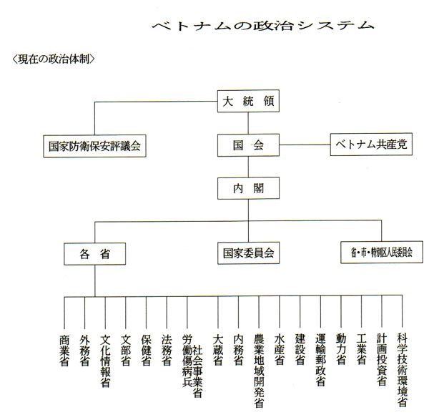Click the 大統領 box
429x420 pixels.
coord(248,101)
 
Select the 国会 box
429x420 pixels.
coord(248,145)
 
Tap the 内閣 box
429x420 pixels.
coord(248,188)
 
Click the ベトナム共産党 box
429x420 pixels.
coord(371,145)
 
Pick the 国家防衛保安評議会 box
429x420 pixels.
coord(94,146)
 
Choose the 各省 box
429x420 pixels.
coord(94,254)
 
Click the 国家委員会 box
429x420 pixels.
coord(248,253)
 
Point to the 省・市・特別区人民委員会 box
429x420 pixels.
coord(382,252)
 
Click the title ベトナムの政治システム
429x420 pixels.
coord(263,26)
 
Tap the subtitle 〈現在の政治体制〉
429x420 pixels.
coord(54,59)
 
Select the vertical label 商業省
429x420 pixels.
coord(64,351)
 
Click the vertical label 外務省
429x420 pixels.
coord(85,351)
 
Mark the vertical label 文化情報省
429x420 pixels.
coord(105,361)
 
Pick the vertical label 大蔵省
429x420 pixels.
coord(218,350)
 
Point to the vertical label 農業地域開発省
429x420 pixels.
coord(259,371)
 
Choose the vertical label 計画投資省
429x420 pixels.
coord(382,360)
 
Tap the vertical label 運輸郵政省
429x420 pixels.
coord(320,360)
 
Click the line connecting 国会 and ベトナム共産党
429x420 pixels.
coord(305,145)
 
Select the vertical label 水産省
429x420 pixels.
coord(280,350)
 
